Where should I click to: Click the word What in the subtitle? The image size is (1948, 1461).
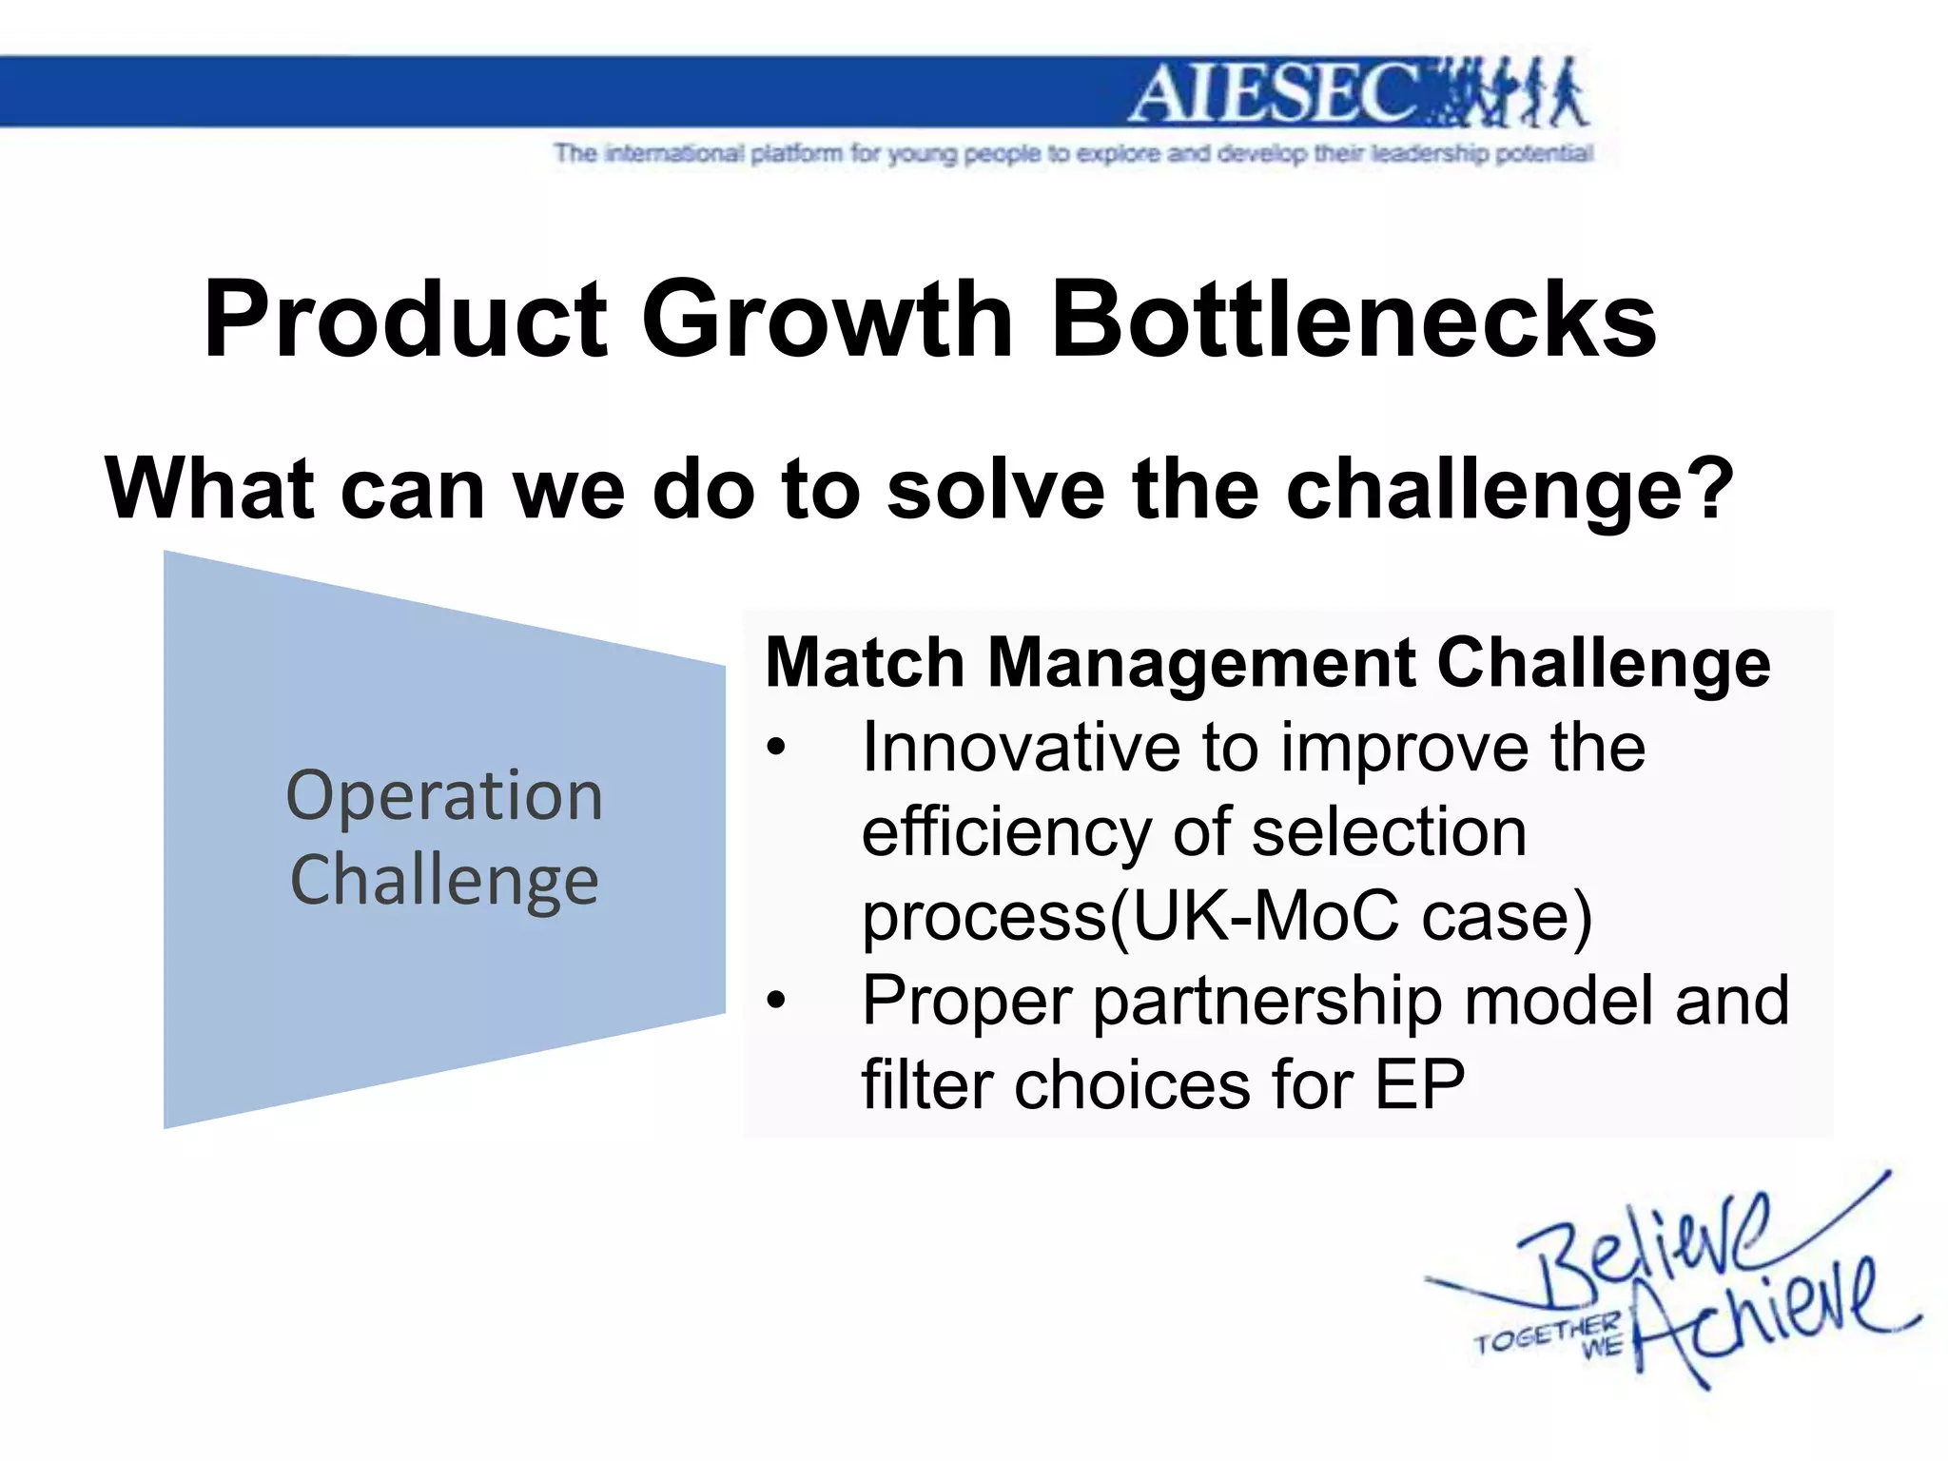pyautogui.click(x=209, y=489)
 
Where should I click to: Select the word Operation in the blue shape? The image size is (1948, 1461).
pyautogui.click(x=444, y=795)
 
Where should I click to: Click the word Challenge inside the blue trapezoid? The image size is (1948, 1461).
pyautogui.click(x=444, y=881)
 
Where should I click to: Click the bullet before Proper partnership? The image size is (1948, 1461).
pyautogui.click(x=777, y=1001)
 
